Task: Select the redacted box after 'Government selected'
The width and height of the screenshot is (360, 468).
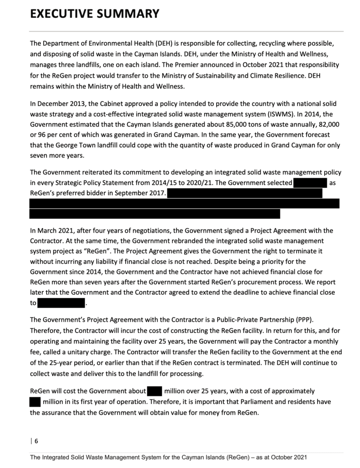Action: [x=310, y=183]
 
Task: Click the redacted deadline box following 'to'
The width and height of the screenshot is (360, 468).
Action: [x=62, y=303]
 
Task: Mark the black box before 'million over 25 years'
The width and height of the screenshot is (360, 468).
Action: [x=155, y=391]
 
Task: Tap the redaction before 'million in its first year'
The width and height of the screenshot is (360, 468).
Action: [x=35, y=402]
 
